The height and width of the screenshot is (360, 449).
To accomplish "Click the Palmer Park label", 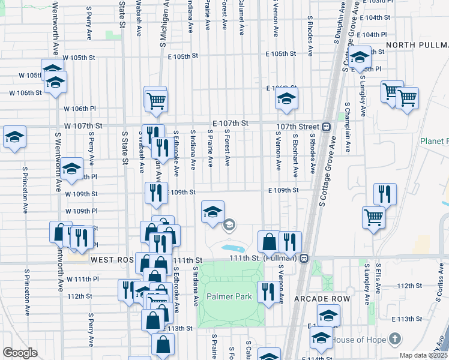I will [x=229, y=296].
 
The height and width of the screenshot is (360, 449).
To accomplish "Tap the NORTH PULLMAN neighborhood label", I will [x=417, y=46].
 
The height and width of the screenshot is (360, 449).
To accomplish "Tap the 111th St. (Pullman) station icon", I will [x=304, y=258].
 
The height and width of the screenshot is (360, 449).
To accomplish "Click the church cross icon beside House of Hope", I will [x=394, y=340].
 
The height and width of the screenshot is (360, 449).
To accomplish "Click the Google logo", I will [x=20, y=353].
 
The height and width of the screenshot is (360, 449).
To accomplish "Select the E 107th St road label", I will [x=230, y=123].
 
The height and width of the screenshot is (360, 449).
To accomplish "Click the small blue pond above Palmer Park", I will [x=232, y=247].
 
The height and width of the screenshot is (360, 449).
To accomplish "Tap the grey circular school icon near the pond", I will [x=229, y=225].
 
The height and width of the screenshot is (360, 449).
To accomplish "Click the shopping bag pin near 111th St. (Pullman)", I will [x=270, y=241].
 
